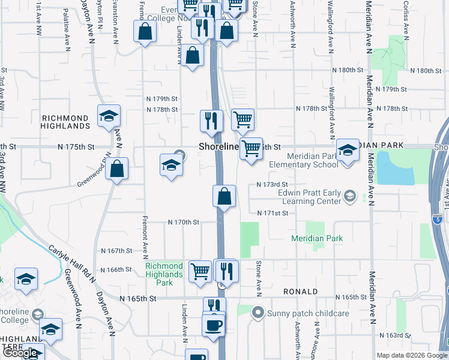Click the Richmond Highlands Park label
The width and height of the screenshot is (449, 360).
point(164,274)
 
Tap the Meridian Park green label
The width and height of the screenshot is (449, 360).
point(317,238)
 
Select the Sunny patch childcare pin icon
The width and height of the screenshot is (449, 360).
point(259,313)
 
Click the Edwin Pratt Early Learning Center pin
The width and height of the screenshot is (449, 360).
point(349,196)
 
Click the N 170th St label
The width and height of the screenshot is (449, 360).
point(183,222)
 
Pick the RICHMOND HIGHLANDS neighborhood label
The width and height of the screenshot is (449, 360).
point(65,122)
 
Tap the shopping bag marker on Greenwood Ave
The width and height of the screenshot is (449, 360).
point(118,169)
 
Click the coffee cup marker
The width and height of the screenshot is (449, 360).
point(213,326)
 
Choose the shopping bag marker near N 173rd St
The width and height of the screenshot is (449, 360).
point(224,196)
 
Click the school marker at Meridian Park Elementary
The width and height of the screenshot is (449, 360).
point(347,150)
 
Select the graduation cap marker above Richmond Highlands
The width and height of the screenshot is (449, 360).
point(109,116)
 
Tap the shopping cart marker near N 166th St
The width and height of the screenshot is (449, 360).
point(200,271)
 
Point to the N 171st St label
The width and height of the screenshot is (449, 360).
point(273,213)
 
